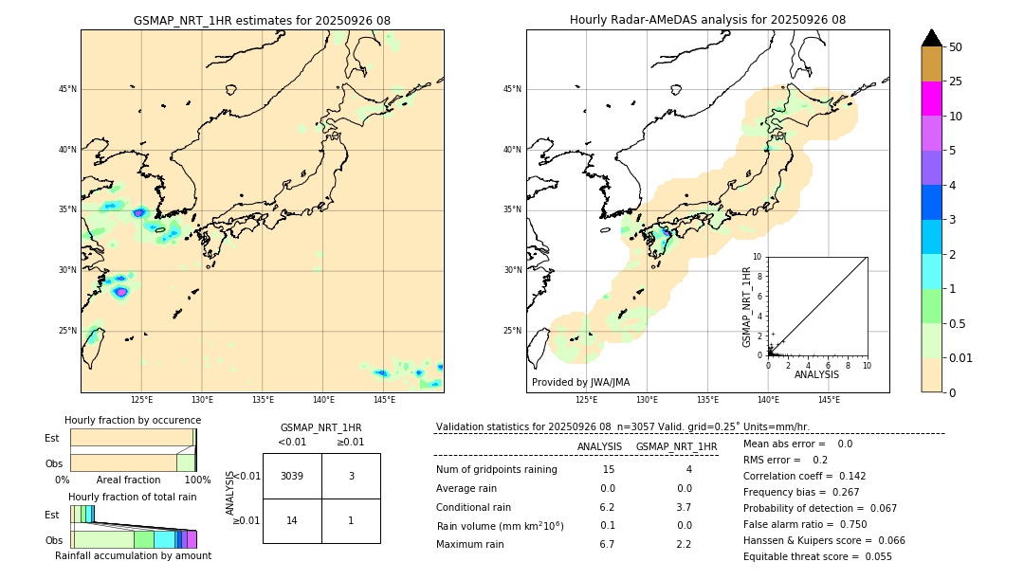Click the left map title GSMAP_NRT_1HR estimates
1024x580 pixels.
(262, 20)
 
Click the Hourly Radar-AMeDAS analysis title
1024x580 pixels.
(707, 20)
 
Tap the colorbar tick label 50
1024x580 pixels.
(956, 47)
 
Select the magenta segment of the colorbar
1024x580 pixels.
(932, 99)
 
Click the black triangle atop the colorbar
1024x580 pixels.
(932, 38)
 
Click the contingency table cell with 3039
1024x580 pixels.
(292, 476)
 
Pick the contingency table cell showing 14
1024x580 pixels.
(292, 520)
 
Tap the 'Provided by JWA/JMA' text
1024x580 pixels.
(580, 382)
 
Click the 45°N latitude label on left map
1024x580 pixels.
(67, 89)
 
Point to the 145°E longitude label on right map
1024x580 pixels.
(829, 400)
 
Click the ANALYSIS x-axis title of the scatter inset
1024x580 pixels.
(815, 374)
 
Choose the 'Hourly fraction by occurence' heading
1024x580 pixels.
(133, 420)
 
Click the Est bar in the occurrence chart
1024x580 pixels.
(132, 437)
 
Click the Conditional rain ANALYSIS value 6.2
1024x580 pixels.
(608, 507)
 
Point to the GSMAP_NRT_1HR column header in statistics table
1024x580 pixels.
(676, 446)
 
